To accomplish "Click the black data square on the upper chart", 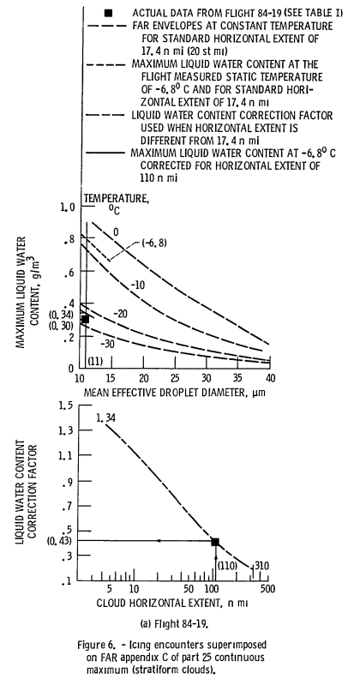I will click(x=85, y=319).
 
